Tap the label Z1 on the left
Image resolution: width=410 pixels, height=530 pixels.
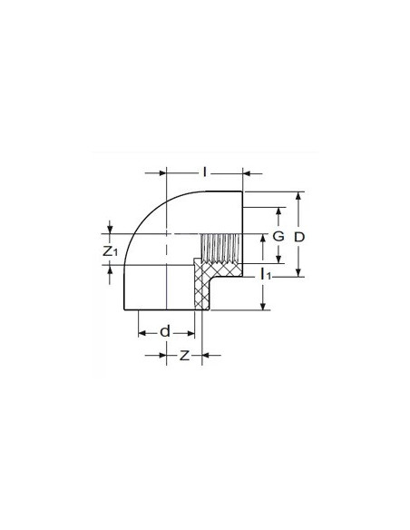point(110,250)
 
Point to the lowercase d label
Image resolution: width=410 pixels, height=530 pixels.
point(164,331)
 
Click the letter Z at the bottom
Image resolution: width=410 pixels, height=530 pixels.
point(184,356)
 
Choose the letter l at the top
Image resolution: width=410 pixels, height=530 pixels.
point(205,171)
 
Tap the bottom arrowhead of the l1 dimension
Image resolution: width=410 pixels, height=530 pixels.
point(263,306)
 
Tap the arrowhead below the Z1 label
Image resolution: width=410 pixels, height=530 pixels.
point(110,270)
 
